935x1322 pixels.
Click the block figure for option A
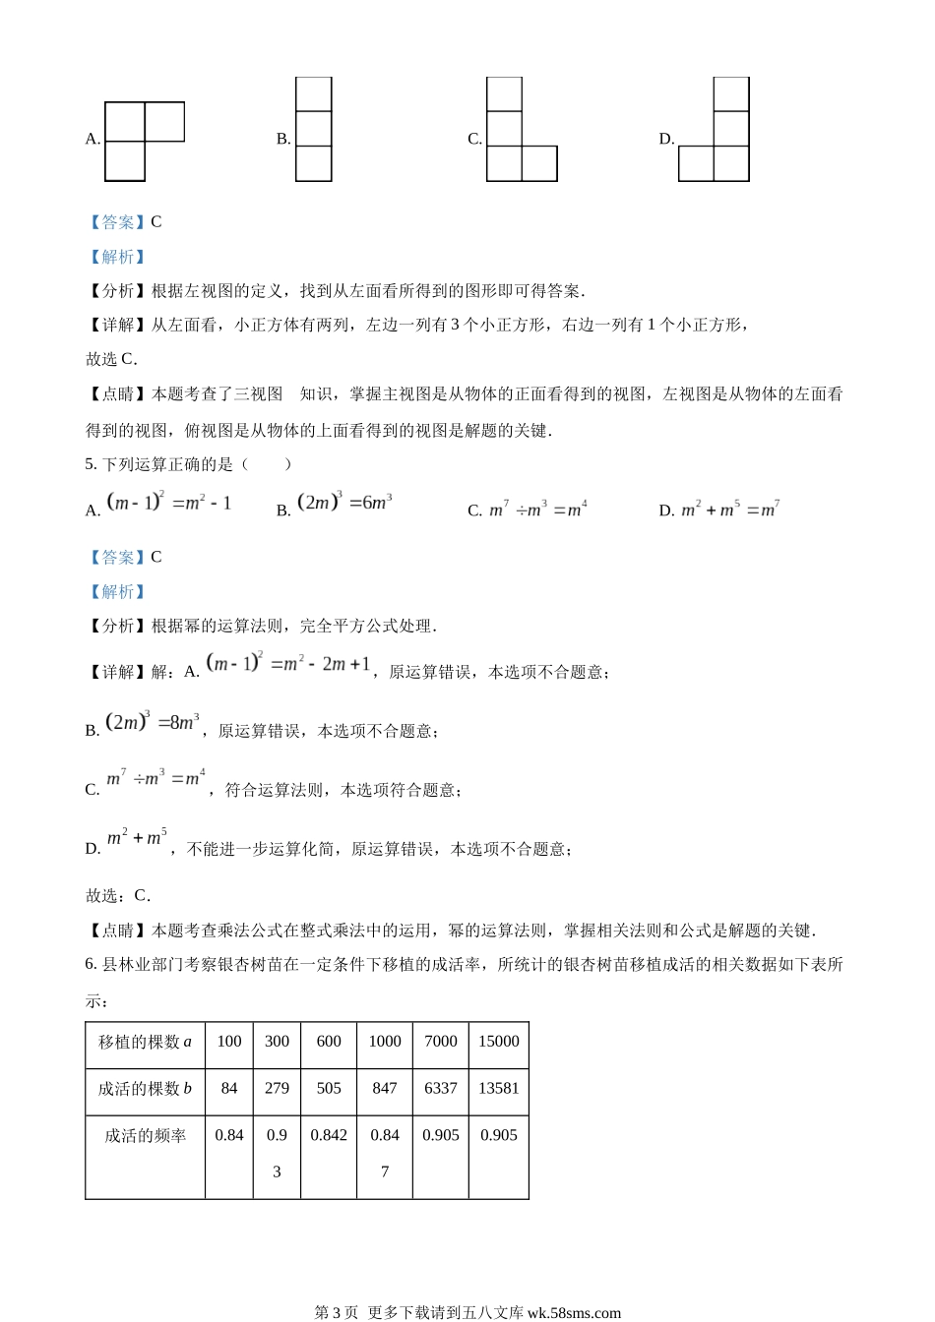click(144, 141)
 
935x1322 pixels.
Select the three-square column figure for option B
click(313, 130)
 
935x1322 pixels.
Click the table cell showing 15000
click(499, 1042)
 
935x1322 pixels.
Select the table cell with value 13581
click(499, 1089)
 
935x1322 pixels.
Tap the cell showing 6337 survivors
click(441, 1089)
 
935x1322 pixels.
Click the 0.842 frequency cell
click(329, 1135)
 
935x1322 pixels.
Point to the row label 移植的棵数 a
click(145, 1042)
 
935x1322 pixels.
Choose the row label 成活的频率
click(145, 1136)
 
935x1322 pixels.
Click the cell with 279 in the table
click(277, 1089)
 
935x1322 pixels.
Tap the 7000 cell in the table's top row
click(441, 1042)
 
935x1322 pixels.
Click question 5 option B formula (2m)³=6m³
click(344, 503)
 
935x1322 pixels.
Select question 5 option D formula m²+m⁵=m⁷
click(730, 509)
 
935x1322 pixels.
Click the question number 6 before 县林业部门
click(91, 964)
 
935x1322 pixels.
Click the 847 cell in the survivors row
click(385, 1089)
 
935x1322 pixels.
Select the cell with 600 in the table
click(329, 1042)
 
